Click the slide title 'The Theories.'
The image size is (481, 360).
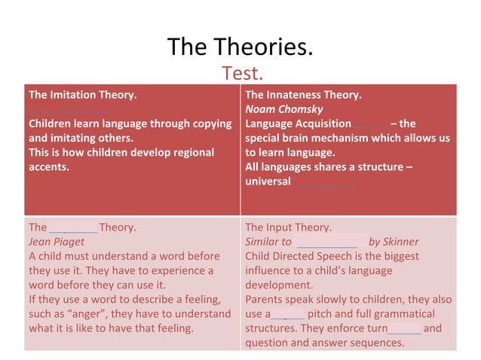(240, 48)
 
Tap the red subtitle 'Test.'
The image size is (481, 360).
(242, 74)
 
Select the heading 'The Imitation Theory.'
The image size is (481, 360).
(83, 95)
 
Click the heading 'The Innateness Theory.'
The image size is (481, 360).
(303, 95)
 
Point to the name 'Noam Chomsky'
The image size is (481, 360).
(284, 109)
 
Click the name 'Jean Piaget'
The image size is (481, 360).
(57, 242)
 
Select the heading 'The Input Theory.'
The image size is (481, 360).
(288, 227)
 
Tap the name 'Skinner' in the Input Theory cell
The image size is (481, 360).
(401, 242)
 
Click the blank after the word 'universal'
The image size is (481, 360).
(325, 183)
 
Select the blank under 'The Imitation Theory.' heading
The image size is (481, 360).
(68, 110)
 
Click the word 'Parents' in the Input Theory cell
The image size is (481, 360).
(266, 300)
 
